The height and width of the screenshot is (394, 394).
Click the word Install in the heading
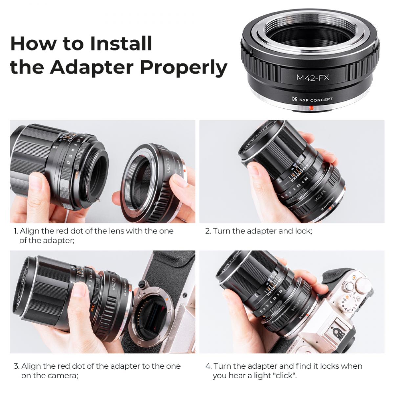coord(121,43)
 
